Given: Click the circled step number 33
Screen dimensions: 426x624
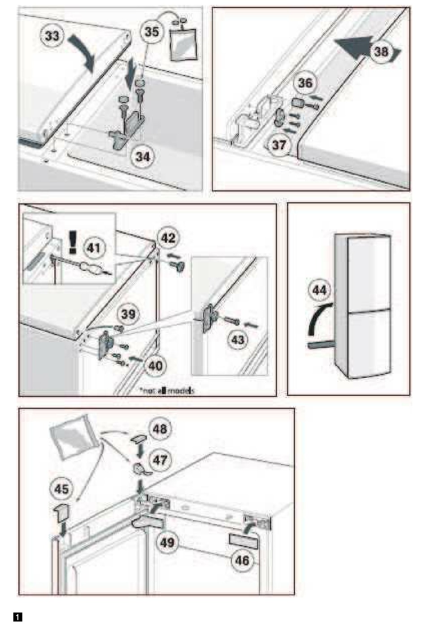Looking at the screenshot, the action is [53, 35].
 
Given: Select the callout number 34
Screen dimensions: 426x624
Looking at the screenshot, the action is [143, 157].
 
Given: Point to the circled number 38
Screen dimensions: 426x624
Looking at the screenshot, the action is [381, 52].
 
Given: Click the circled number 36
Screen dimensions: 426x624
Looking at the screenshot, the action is [305, 82].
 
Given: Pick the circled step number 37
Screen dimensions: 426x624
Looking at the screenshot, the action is [279, 145].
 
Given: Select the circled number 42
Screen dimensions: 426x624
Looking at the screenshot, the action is [168, 238].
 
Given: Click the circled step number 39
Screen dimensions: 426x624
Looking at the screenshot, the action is [128, 314].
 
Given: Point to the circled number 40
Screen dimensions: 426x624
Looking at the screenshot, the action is [156, 366].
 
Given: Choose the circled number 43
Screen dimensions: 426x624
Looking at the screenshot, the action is [237, 340].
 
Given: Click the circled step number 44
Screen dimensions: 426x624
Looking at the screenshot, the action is [320, 290].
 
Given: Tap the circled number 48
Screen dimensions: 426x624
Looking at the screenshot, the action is [160, 429].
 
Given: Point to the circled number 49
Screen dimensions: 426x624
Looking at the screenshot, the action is [167, 542].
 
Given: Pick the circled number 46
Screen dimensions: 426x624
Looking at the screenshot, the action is [242, 560].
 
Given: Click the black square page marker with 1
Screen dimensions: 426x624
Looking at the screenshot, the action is [18, 617].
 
